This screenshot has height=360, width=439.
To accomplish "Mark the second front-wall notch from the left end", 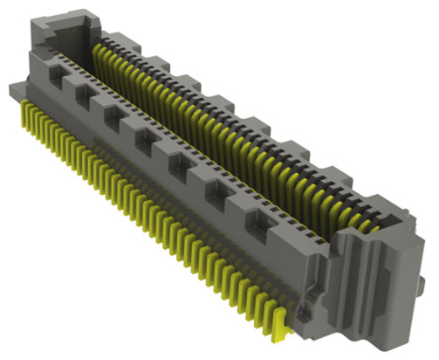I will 83,97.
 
